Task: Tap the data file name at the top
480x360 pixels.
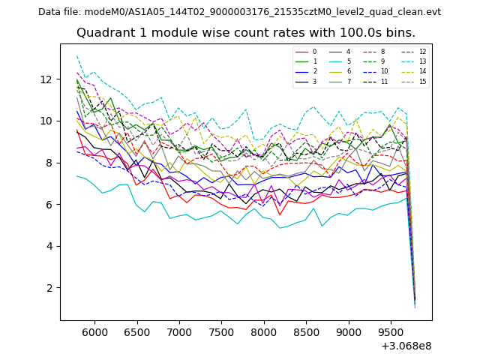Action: coord(239,12)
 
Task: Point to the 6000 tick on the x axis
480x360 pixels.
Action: coord(94,331)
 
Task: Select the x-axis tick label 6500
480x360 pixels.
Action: coord(136,331)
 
